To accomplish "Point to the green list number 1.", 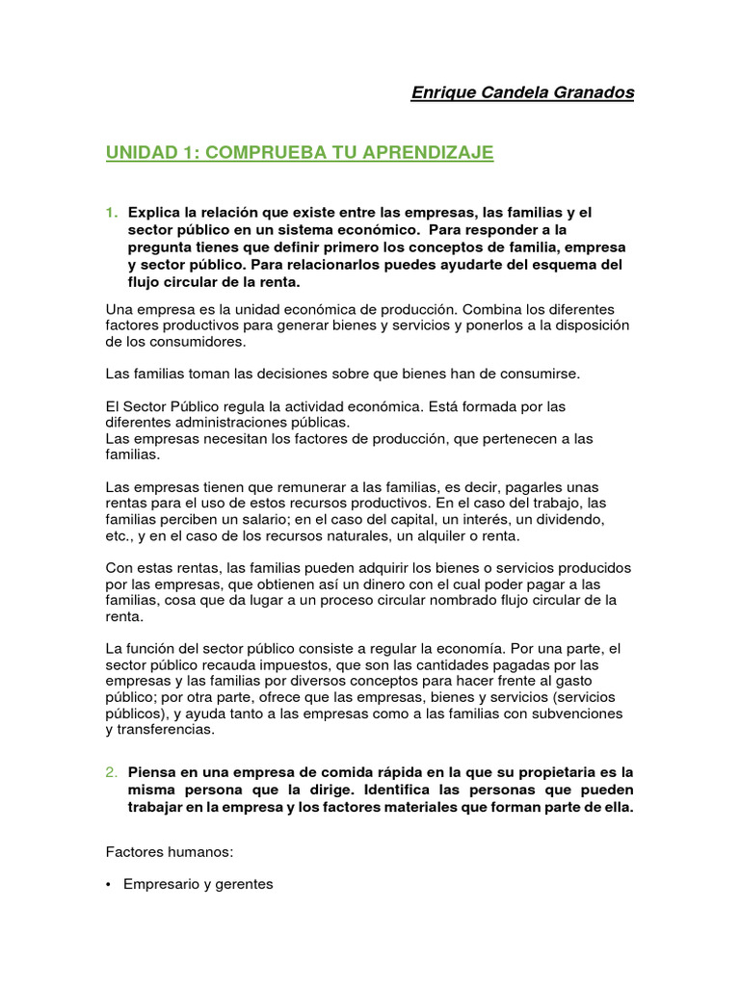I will [111, 212].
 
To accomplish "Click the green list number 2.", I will [111, 772].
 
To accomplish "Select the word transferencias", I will [164, 731].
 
